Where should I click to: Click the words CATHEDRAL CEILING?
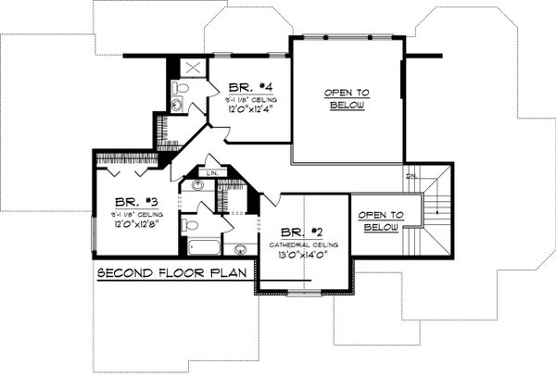(x=305, y=243)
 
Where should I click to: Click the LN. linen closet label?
(x=211, y=173)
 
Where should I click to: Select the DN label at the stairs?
(x=411, y=175)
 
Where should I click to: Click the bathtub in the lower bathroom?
(x=201, y=248)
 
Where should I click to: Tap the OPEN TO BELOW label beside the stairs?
(x=380, y=219)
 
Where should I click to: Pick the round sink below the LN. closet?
(x=196, y=186)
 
